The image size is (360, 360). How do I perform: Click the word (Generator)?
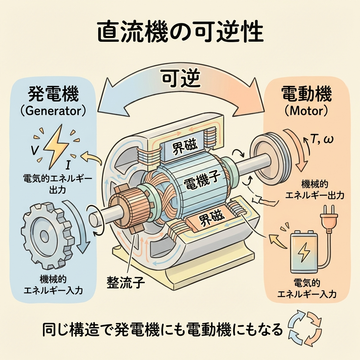pyautogui.click(x=53, y=111)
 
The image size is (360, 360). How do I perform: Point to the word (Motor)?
pyautogui.click(x=307, y=111)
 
